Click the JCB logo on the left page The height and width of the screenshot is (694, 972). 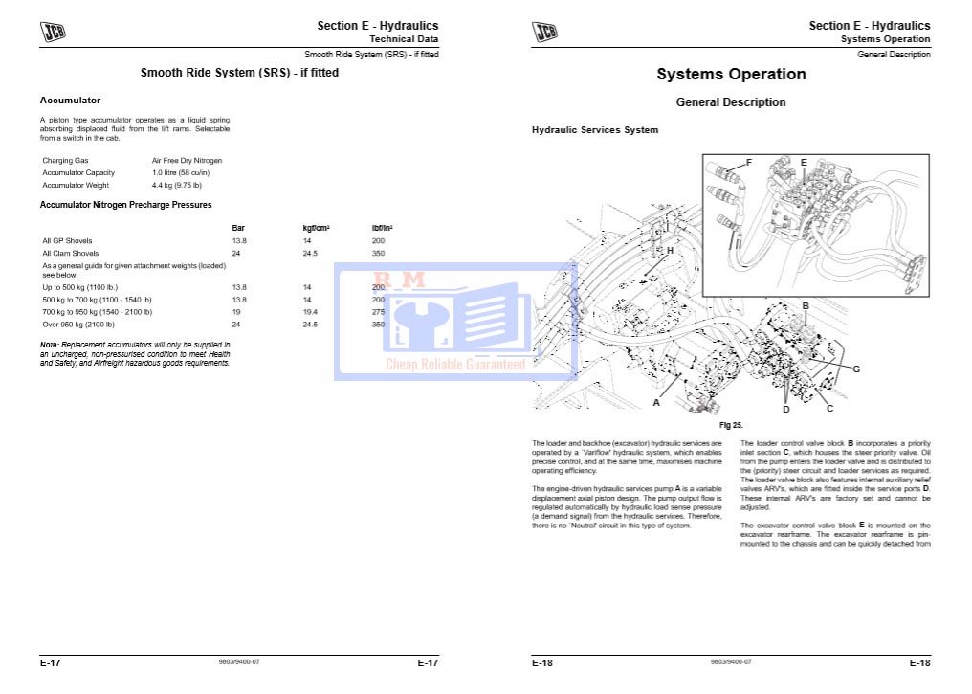coord(53,32)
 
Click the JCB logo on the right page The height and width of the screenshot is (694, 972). coord(544,32)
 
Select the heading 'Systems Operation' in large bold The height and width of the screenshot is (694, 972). coord(731,75)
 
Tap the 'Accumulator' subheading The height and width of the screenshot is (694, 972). coord(70,100)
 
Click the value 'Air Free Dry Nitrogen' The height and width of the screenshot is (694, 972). coord(187,160)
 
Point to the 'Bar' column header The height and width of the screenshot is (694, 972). coord(238,227)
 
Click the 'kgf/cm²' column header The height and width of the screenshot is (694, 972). coord(316,227)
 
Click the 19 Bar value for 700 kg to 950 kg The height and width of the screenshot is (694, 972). coord(236,312)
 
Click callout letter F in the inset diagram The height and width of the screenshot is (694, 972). coord(748,162)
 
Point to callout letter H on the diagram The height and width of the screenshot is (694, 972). coord(670,250)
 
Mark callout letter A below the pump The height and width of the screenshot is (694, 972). coord(656,403)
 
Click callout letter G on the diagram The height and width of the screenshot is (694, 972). coord(855,369)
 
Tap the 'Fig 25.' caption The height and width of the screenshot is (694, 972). coord(731,424)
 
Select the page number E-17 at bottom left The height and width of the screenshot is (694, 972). coord(51,662)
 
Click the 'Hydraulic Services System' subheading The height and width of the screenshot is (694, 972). coord(594,130)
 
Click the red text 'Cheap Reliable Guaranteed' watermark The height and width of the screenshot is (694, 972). coord(455,364)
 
